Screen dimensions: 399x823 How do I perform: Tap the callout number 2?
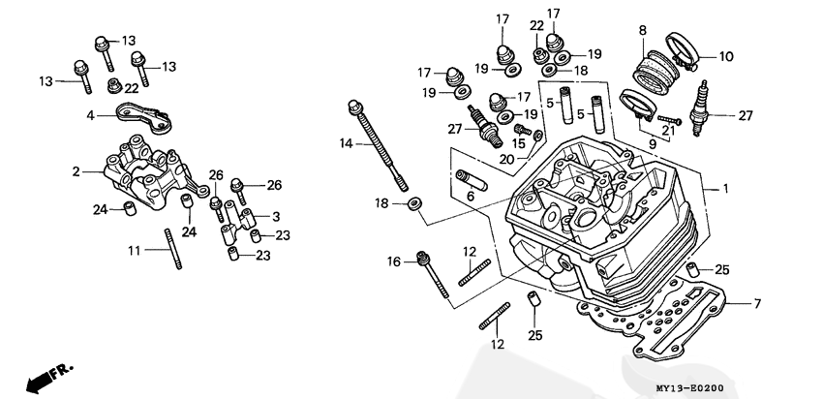point(75,171)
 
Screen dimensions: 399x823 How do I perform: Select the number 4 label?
point(89,115)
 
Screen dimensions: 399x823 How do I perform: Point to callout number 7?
point(758,304)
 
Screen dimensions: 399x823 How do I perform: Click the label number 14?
point(346,144)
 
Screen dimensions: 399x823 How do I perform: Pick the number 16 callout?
point(394,261)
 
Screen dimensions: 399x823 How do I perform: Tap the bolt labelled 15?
point(523,128)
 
